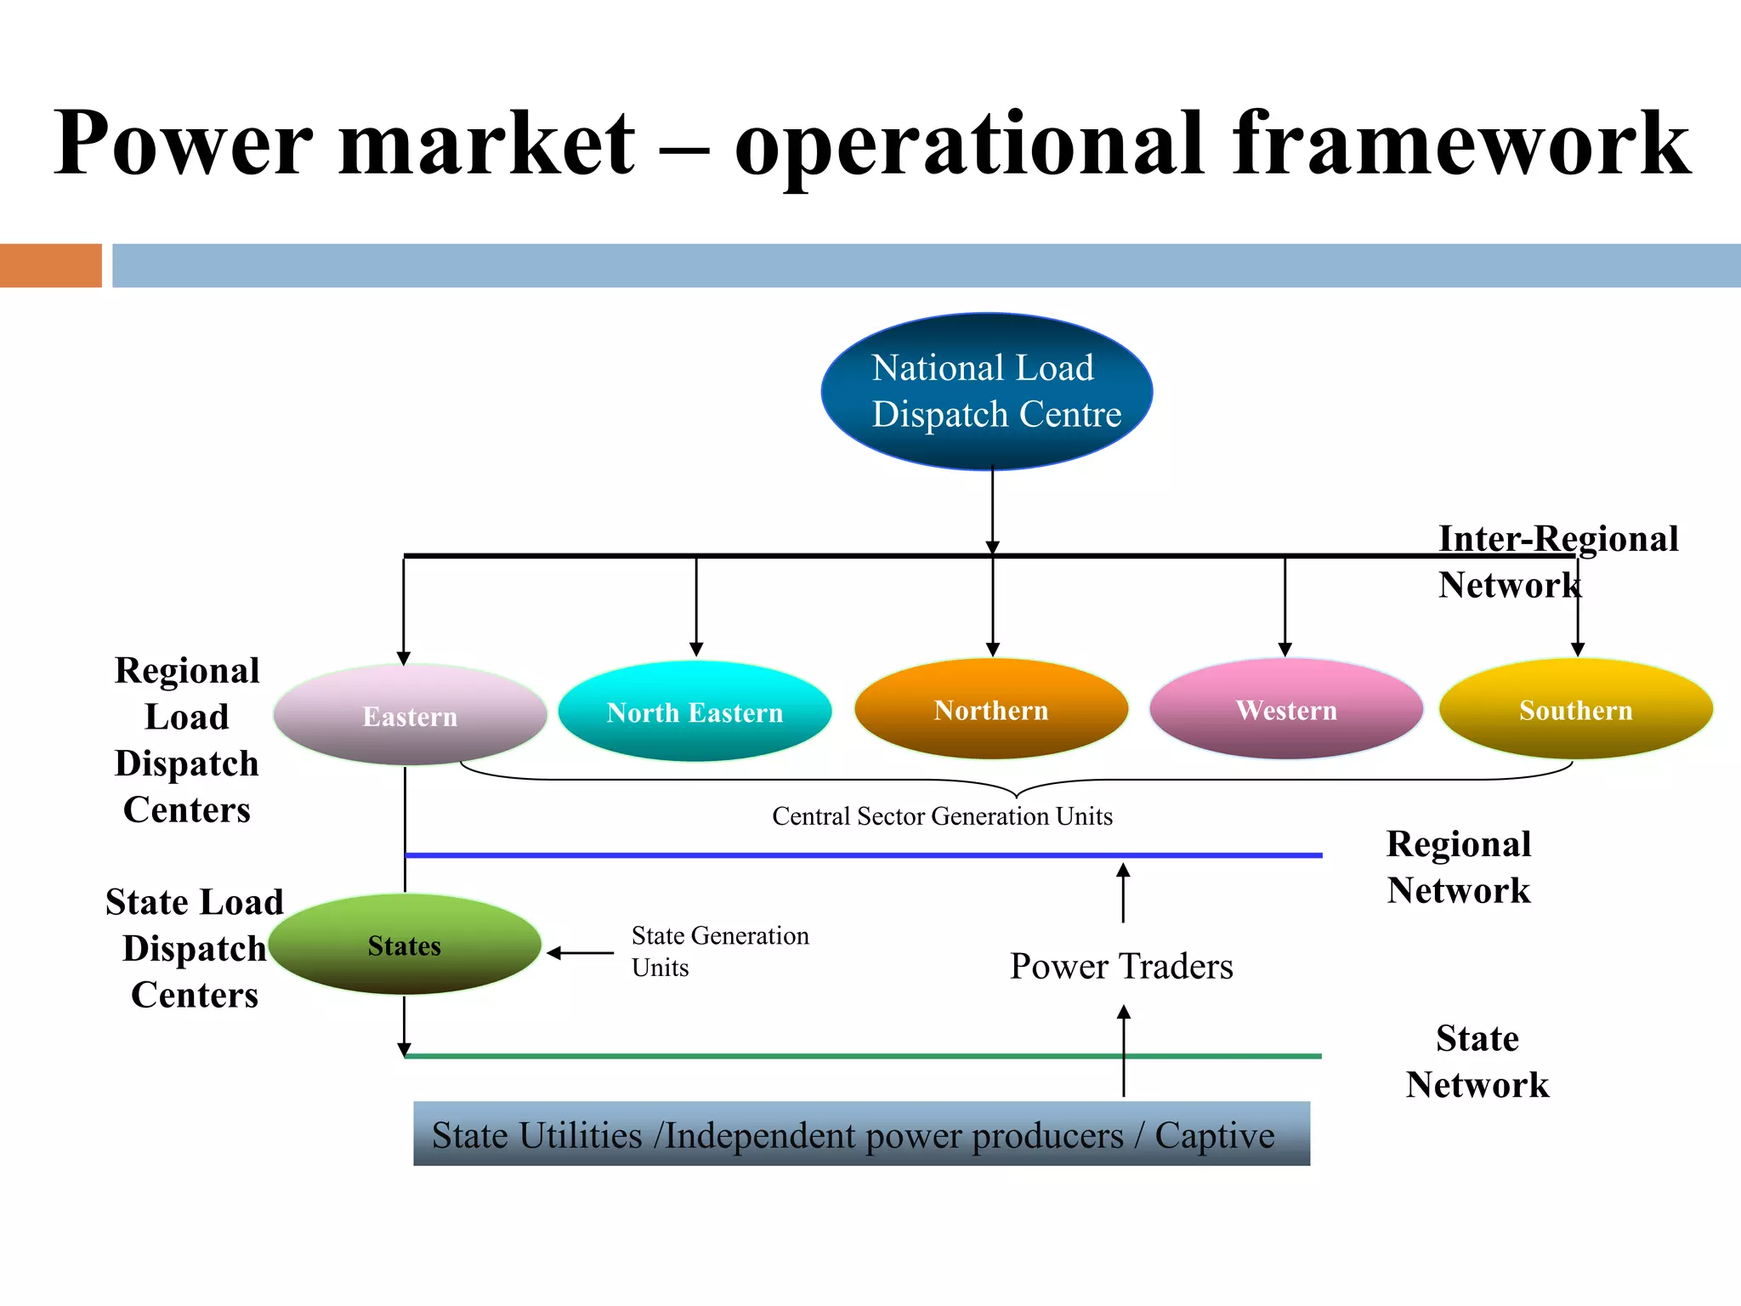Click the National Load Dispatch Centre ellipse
pos(986,391)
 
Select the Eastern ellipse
pos(410,716)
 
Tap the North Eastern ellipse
pos(695,712)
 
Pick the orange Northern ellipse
pos(991,709)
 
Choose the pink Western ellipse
pos(1285,709)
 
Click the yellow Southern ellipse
pos(1575,709)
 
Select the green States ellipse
pos(405,945)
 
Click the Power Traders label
pos(1121,967)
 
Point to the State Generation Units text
pos(719,951)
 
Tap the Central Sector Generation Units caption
pos(942,816)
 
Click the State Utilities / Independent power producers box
pos(861,1133)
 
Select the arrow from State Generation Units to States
pos(581,953)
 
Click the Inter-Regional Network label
pos(1557,561)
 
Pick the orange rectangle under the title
pos(51,265)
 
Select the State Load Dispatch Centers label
pos(195,948)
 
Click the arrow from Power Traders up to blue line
pos(1123,893)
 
